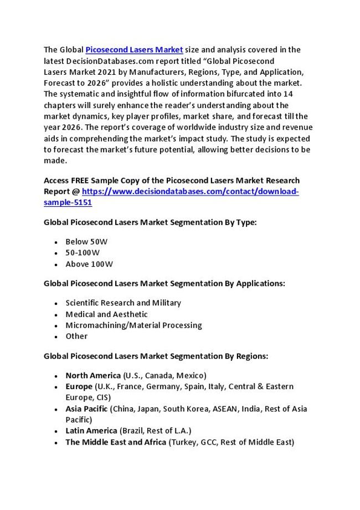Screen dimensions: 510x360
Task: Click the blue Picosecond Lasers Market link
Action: (x=134, y=50)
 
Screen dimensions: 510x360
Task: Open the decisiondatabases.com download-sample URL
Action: (x=190, y=192)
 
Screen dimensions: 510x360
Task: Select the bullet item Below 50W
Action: (x=86, y=242)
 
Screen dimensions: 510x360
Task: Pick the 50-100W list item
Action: (x=83, y=253)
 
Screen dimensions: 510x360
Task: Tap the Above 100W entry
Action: (x=89, y=264)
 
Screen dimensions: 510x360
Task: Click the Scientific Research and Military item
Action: (x=123, y=303)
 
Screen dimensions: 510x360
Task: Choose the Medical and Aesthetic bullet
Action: (x=106, y=314)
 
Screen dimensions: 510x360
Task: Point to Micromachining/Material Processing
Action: (x=133, y=325)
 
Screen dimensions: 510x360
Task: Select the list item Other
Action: (x=76, y=336)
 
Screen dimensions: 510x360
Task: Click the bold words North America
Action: (x=93, y=375)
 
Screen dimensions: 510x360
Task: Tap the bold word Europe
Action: (x=79, y=386)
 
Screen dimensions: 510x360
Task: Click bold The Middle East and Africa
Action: (x=116, y=442)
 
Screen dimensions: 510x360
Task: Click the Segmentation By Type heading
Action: (x=150, y=222)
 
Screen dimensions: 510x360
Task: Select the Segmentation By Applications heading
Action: (x=164, y=283)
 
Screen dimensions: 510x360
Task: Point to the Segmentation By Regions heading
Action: (x=156, y=356)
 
